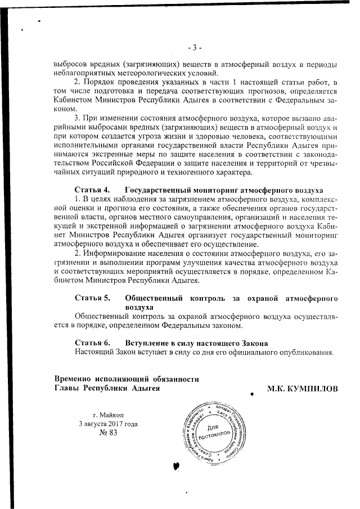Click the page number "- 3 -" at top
[x=195, y=47]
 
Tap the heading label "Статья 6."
[x=92, y=343]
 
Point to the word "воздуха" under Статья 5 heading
[x=140, y=308]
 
